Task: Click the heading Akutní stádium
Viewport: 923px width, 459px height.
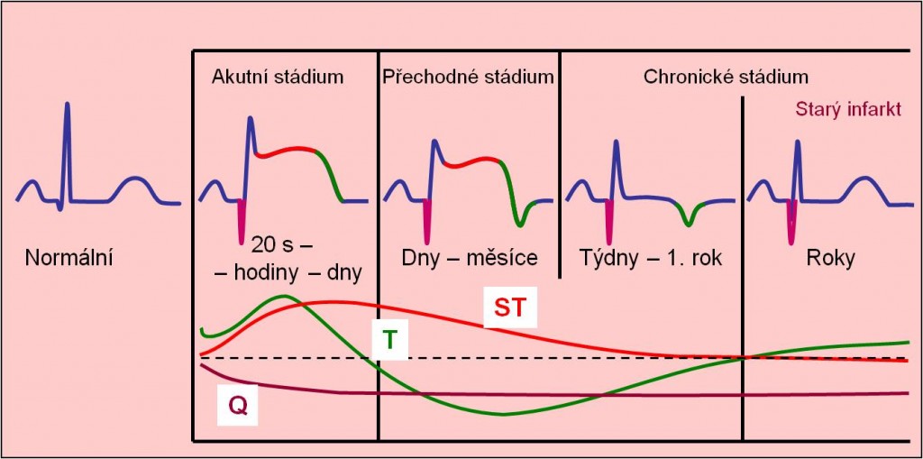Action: click(278, 78)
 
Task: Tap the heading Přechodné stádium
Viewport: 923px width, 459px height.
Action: click(468, 78)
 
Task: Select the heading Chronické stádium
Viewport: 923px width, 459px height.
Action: click(726, 78)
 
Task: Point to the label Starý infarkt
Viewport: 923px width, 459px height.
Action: click(848, 110)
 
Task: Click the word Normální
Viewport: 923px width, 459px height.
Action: click(69, 258)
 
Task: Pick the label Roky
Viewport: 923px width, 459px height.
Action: click(830, 259)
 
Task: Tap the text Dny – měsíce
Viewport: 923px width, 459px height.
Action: click(470, 258)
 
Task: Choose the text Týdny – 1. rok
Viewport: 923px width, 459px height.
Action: click(651, 258)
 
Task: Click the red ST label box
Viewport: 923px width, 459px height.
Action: click(510, 308)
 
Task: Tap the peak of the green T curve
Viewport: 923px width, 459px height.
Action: click(284, 296)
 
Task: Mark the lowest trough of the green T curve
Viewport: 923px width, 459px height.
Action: click(503, 414)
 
